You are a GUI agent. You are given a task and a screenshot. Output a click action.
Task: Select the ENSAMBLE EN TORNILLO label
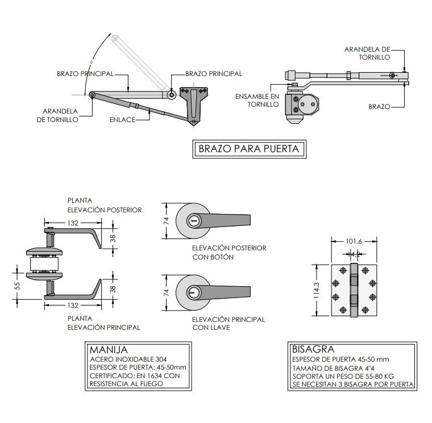tap(257, 100)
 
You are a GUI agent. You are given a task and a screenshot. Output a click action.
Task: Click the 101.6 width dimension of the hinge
tap(354, 241)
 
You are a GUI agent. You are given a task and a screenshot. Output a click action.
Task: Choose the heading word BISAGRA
tap(313, 349)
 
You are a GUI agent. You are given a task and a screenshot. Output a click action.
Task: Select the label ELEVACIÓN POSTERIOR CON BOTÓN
tap(229, 253)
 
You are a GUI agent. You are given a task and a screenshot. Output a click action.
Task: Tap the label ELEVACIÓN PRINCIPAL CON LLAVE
tap(229, 324)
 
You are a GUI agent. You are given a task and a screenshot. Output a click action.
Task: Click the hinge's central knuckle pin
tap(354, 291)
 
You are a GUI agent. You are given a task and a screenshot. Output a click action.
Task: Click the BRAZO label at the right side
tap(379, 106)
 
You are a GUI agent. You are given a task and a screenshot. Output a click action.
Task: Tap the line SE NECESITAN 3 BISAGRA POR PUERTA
tap(353, 384)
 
